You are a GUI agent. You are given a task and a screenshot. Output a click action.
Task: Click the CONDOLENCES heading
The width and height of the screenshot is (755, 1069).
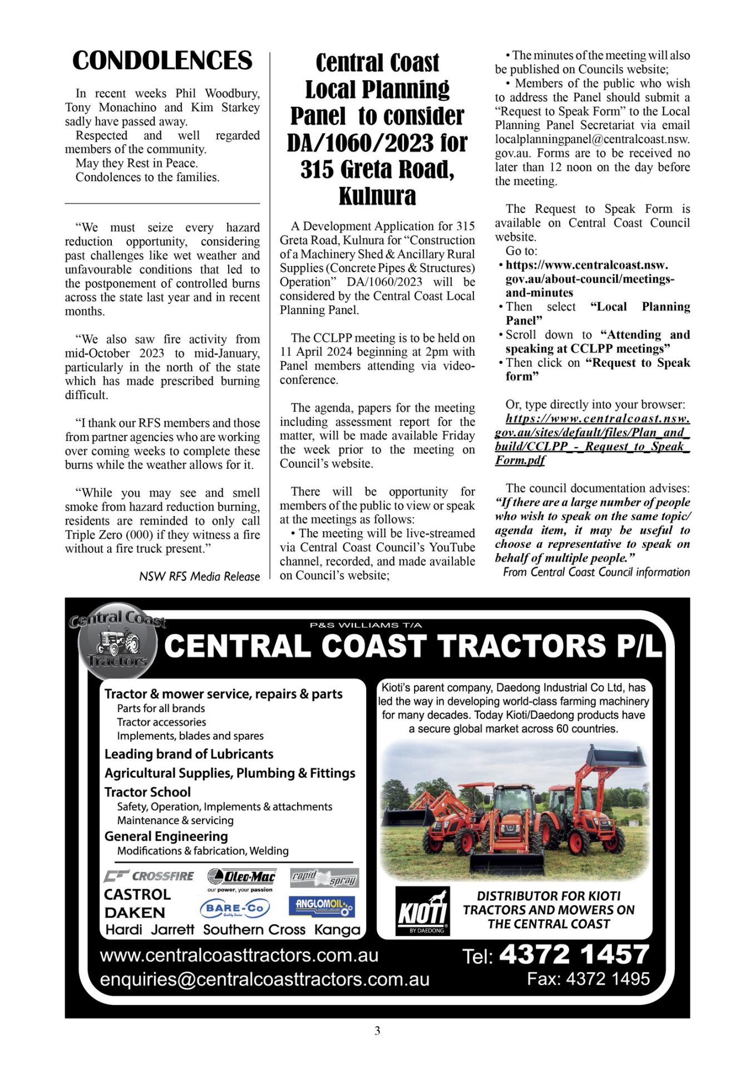tap(162, 61)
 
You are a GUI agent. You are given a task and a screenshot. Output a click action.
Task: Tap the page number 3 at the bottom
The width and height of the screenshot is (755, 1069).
tap(377, 1031)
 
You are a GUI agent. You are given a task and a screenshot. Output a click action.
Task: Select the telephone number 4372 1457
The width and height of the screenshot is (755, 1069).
tap(574, 954)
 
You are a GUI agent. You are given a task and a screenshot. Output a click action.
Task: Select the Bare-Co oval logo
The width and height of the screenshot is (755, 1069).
tap(234, 908)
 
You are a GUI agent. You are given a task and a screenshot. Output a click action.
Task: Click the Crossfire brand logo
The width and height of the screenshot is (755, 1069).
tap(149, 876)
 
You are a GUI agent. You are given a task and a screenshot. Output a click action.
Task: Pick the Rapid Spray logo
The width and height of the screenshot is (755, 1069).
tap(324, 877)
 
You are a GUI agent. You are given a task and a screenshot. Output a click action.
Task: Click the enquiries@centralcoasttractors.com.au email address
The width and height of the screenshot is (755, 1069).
tap(264, 979)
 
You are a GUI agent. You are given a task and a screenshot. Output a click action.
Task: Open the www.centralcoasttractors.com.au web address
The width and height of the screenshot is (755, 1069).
tap(239, 955)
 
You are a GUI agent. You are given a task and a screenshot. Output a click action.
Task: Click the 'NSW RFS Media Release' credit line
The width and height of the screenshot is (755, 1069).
tap(199, 576)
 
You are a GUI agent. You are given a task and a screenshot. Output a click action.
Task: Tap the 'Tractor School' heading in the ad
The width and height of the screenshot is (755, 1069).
tap(147, 792)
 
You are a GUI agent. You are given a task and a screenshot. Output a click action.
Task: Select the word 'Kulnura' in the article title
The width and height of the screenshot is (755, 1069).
tap(377, 196)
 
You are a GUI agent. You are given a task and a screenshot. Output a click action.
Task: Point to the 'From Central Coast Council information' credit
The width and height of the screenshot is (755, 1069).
tap(596, 572)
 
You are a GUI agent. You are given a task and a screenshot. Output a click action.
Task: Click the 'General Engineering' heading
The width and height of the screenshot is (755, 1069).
tap(166, 836)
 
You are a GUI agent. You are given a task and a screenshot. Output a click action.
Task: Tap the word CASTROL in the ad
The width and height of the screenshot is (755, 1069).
tap(137, 894)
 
